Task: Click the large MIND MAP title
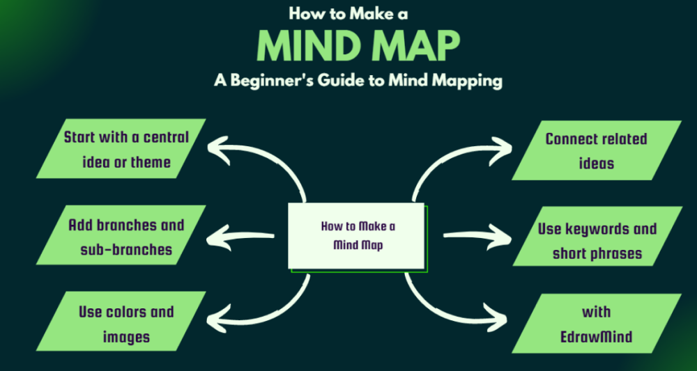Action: [x=358, y=46]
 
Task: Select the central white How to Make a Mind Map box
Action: [x=357, y=235]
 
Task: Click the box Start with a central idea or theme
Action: [x=126, y=150]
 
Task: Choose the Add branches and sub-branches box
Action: [x=126, y=237]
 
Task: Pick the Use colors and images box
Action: [x=126, y=324]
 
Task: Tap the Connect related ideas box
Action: [x=596, y=150]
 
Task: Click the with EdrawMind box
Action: [x=597, y=324]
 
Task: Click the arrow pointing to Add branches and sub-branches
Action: [x=244, y=237]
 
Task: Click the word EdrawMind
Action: [x=597, y=337]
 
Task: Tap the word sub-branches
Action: [x=126, y=249]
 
